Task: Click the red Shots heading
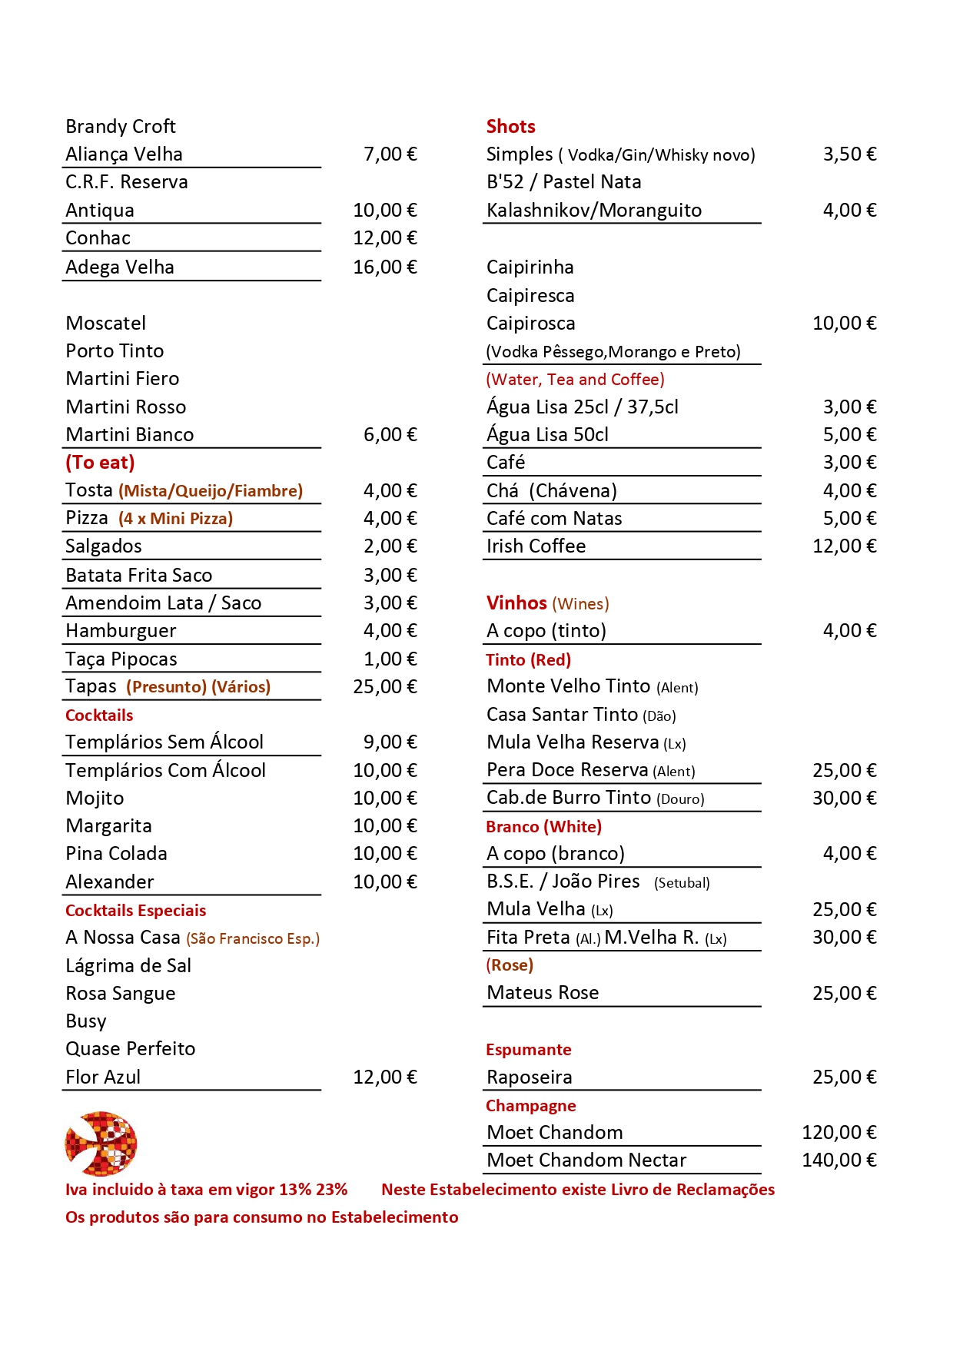pyautogui.click(x=510, y=127)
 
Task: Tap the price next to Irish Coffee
pyautogui.click(x=844, y=546)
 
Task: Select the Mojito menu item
pyautogui.click(x=95, y=799)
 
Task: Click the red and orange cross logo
pyautogui.click(x=101, y=1144)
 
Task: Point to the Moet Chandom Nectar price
pyautogui.click(x=838, y=1160)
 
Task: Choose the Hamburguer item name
pyautogui.click(x=121, y=632)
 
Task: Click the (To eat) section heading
pyautogui.click(x=100, y=463)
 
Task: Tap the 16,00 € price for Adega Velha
pyautogui.click(x=384, y=267)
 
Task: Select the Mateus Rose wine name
pyautogui.click(x=543, y=993)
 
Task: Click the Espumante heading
pyautogui.click(x=528, y=1050)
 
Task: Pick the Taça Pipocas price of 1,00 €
pyautogui.click(x=390, y=659)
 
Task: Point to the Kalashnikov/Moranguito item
pyautogui.click(x=593, y=211)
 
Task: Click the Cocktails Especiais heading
pyautogui.click(x=135, y=911)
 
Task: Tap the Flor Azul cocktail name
pyautogui.click(x=103, y=1077)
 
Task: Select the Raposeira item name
pyautogui.click(x=529, y=1077)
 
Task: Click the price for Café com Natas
pyautogui.click(x=849, y=519)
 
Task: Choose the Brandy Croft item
pyautogui.click(x=121, y=127)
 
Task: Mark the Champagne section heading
pyautogui.click(x=530, y=1106)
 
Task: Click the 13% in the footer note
pyautogui.click(x=295, y=1190)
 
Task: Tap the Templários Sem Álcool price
pyautogui.click(x=390, y=742)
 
